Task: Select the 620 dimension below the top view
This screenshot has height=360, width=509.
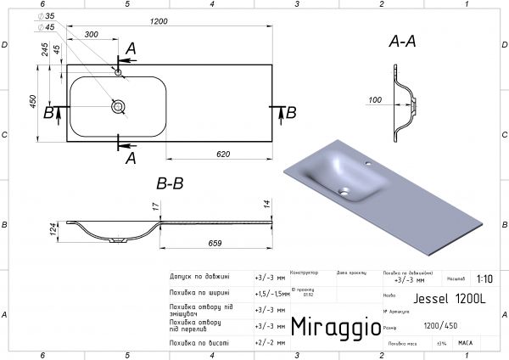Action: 222,153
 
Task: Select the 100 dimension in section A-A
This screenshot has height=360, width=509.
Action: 374,101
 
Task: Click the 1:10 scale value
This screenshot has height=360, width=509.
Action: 484,278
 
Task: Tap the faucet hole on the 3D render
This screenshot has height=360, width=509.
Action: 368,161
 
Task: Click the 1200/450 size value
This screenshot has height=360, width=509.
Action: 440,326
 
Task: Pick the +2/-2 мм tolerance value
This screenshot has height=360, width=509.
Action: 266,342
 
